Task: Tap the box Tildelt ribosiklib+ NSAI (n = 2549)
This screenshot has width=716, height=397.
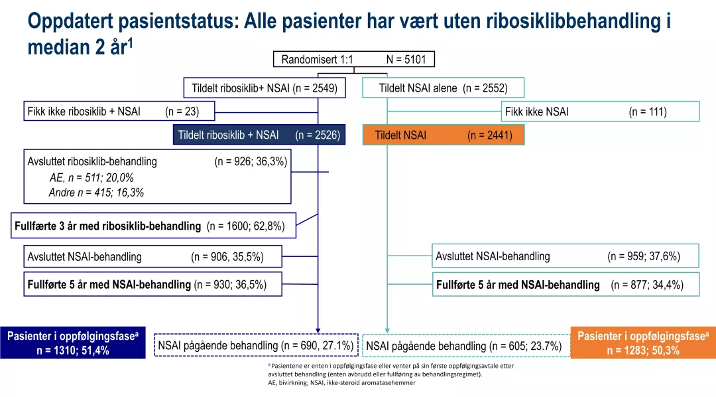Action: coord(265,88)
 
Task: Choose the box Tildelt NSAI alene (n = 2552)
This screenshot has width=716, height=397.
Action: coord(443,88)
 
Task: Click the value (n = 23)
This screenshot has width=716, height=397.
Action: coord(182,112)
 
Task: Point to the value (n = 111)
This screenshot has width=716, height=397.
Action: coord(647,112)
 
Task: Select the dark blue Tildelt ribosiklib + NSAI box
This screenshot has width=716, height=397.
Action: coord(259,135)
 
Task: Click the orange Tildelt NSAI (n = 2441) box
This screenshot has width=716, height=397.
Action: coord(443,135)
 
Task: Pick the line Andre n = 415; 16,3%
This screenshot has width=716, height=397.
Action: coord(96,193)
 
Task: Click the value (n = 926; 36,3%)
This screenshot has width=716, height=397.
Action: coord(251,161)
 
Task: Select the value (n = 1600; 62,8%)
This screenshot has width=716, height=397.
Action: coord(246,226)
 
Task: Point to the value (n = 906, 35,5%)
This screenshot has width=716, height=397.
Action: coord(227,257)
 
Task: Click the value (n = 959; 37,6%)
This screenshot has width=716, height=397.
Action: coord(643,256)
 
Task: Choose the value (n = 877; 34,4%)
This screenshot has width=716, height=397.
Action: coord(646,285)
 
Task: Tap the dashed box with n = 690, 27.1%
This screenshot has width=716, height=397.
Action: coord(256,345)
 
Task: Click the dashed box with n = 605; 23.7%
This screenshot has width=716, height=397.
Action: coord(464,346)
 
